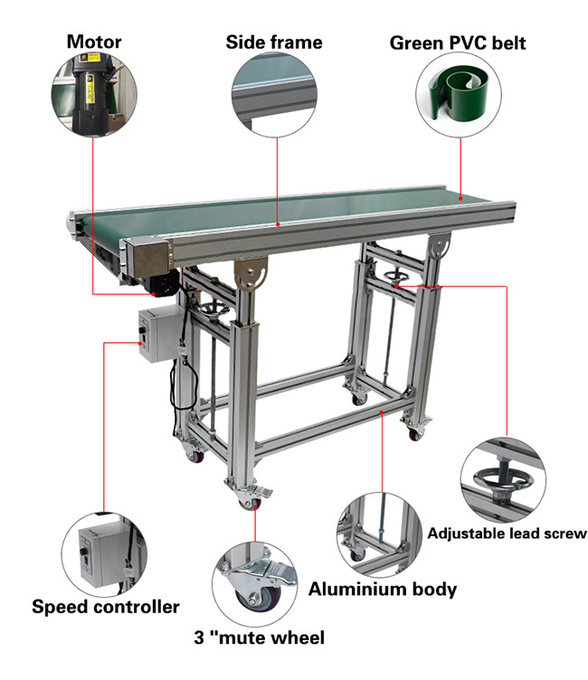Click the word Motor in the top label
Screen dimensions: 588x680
tap(94, 42)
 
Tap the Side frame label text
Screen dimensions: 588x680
tap(274, 42)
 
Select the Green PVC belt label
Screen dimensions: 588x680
tap(458, 42)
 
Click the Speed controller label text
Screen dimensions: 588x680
tap(106, 607)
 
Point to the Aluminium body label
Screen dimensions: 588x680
tap(383, 589)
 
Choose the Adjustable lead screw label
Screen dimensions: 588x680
tap(507, 534)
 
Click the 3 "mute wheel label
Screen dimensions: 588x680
tap(259, 637)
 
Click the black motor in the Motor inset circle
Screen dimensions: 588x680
tap(90, 94)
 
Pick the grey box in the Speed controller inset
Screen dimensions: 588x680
tap(99, 556)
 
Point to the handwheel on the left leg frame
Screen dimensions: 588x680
tap(213, 310)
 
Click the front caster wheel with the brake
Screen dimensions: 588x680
tap(251, 502)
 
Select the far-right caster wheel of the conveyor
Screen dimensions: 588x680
tap(415, 434)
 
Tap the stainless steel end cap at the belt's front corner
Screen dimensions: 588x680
tap(149, 256)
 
